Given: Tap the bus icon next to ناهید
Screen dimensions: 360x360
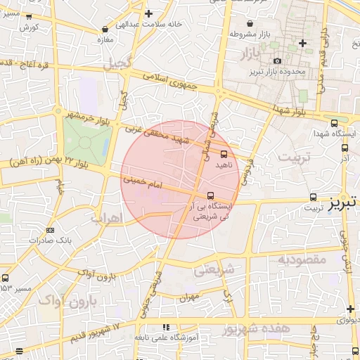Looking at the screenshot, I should [224, 153].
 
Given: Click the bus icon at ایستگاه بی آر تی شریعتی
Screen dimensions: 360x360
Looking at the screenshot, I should [210, 196].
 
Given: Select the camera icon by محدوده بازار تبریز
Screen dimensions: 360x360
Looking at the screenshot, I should [277, 62].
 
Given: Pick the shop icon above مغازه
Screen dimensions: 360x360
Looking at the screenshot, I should [105, 30].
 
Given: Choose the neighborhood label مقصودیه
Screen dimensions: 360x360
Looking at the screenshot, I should [302, 259].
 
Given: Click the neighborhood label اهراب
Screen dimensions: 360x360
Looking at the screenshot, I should [106, 219].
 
